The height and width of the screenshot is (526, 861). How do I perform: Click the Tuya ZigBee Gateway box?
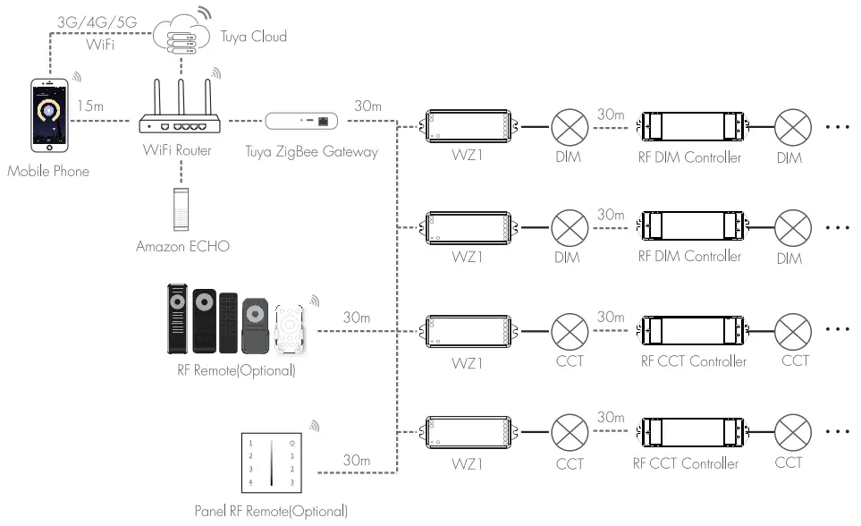coord(303,120)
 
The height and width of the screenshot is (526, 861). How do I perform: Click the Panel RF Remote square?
coord(274,462)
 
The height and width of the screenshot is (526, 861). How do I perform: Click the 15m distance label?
coord(90,106)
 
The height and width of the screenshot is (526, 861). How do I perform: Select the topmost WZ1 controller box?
coord(468,126)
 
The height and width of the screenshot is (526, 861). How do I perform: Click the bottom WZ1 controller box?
coord(468,433)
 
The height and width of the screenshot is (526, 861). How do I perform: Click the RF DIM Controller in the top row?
coord(690,126)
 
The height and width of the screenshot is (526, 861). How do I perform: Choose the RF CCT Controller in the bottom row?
coord(690,433)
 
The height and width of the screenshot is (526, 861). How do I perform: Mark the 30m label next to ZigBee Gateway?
coord(368,106)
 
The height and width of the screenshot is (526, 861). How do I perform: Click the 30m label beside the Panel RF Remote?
coord(357,460)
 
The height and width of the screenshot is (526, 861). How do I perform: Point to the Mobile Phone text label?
coord(47,171)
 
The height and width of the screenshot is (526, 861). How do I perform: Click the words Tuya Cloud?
coord(252,37)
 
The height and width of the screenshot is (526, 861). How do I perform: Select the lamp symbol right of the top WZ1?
coord(568,126)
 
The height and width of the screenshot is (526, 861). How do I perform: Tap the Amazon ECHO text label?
coord(182,246)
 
